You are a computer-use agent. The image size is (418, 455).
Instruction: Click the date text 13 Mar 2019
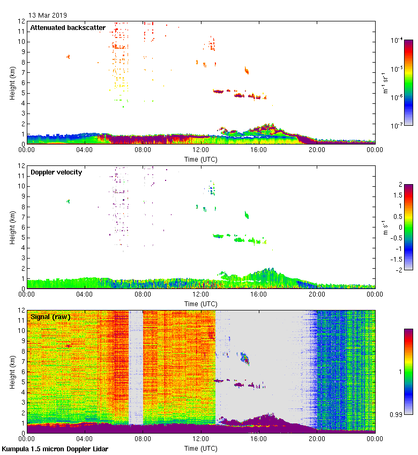(48, 15)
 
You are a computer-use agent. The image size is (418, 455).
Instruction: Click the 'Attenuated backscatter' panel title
(68, 27)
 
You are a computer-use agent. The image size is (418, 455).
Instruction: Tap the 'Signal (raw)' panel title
(50, 316)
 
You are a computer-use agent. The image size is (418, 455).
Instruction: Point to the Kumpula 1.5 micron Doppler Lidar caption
(55, 449)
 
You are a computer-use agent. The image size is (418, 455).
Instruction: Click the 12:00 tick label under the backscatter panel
(200, 150)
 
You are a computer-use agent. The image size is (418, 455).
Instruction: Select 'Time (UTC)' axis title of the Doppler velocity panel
(200, 304)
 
